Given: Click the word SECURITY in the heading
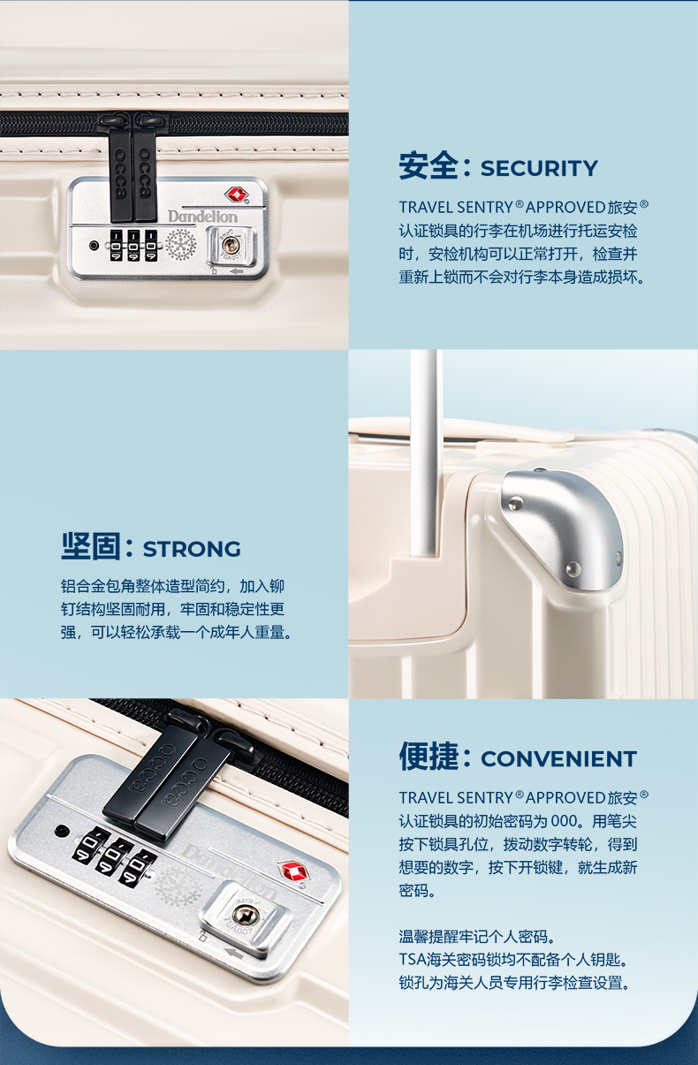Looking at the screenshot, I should tap(539, 168).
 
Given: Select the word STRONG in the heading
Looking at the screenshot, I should tap(192, 549).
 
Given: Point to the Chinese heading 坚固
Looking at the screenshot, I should tap(90, 547).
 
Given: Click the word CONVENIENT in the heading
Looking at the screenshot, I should tap(558, 759).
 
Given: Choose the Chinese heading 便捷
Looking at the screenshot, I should tap(429, 757).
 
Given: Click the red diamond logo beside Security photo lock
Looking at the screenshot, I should tap(234, 194).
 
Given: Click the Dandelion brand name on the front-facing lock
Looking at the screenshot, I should tap(202, 216).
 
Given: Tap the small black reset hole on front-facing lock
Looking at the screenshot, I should tap(94, 245).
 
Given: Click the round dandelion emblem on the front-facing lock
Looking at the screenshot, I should tap(181, 244).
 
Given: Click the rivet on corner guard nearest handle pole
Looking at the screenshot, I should tap(514, 504).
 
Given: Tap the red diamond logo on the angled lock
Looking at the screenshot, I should tap(292, 871).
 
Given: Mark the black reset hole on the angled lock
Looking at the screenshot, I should tap(61, 832).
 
